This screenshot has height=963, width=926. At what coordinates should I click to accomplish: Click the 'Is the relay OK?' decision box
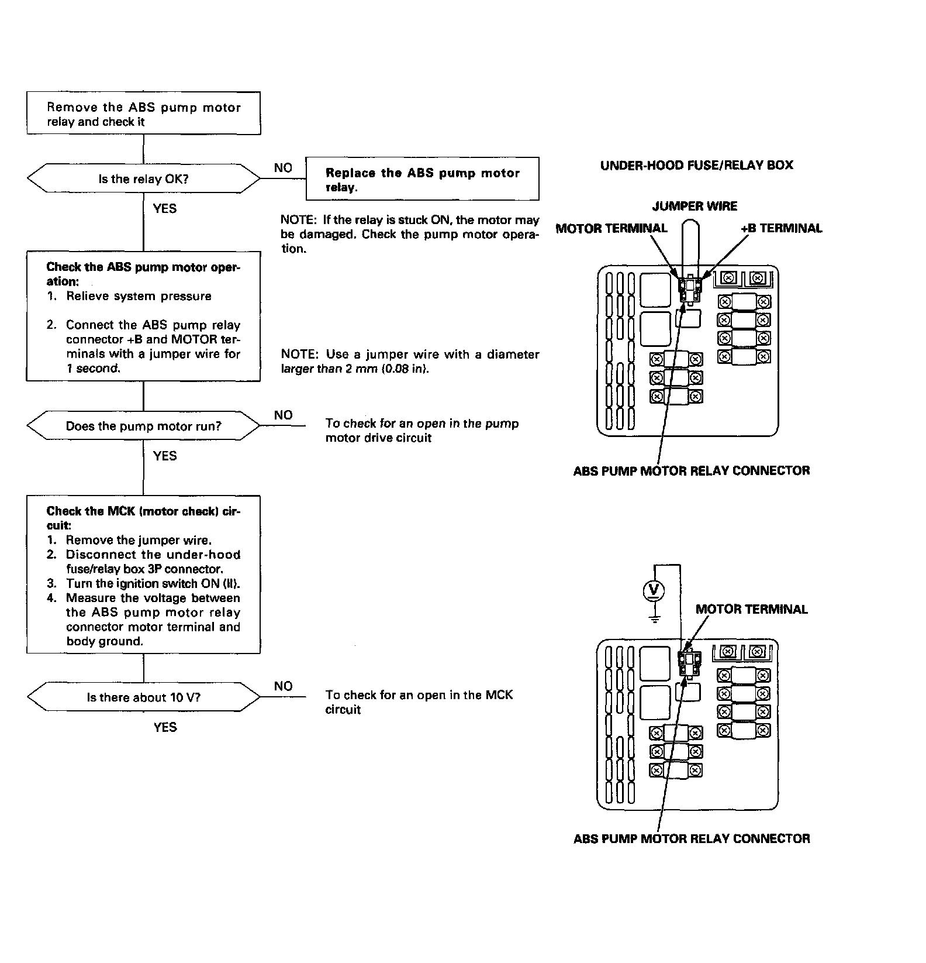143,179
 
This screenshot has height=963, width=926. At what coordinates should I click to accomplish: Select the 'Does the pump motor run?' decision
143,426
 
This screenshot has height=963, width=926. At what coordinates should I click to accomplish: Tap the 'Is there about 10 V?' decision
143,697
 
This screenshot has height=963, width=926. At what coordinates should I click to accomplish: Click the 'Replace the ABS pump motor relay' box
422,179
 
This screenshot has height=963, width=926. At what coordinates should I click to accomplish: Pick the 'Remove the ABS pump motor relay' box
143,114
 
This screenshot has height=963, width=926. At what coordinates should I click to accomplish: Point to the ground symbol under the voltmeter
655,618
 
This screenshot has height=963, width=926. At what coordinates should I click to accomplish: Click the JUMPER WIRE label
694,206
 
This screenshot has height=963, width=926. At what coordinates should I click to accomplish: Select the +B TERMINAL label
781,228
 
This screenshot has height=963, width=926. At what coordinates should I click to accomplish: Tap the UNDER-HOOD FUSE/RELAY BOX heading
696,165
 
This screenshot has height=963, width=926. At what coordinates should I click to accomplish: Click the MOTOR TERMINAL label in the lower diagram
751,609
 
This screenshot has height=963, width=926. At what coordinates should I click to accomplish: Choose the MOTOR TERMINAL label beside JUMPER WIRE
611,228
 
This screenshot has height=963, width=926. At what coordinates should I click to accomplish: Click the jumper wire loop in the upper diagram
691,246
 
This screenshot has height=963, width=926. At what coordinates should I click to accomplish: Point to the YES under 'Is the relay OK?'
165,208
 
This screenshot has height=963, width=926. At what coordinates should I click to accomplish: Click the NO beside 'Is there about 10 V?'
283,686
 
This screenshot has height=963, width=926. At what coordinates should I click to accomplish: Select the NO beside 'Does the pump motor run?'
283,415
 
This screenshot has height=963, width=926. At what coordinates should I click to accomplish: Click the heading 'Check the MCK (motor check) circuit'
143,518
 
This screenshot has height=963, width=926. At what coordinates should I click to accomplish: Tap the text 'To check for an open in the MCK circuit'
419,702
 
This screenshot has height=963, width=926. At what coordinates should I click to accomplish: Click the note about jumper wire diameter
410,362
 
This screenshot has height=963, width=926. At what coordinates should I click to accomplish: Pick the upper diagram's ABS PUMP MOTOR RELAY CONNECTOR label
692,471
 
